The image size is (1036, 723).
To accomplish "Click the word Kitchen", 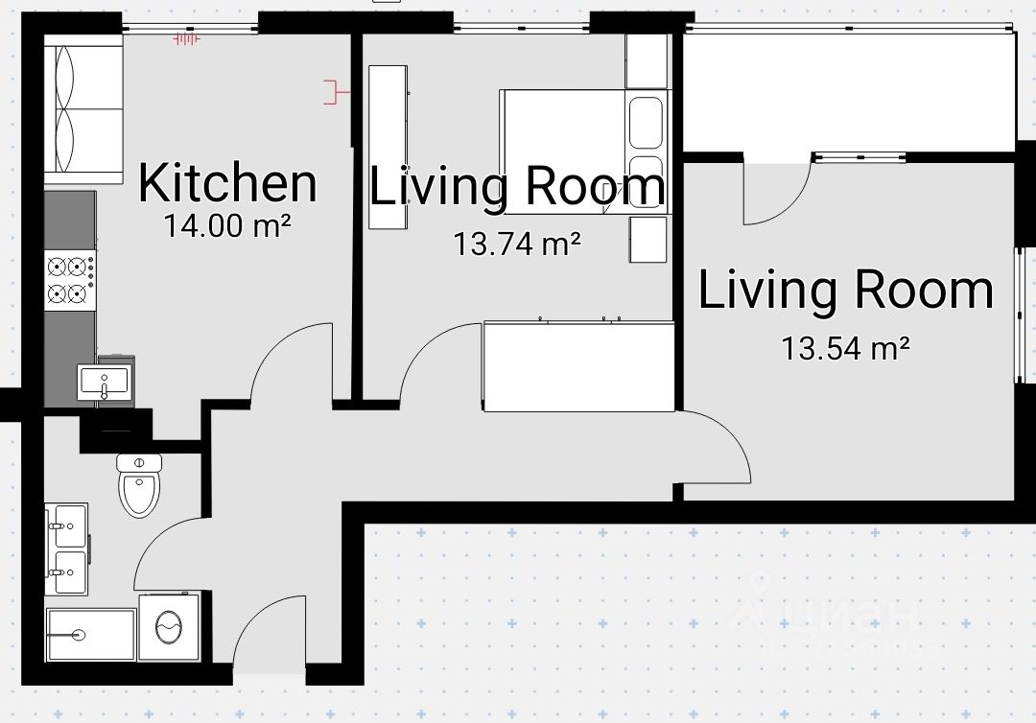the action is tap(227, 183).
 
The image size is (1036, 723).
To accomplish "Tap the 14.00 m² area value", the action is tap(227, 225).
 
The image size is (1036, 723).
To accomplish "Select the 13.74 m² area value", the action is tap(517, 244).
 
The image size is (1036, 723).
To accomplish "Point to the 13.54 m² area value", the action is tap(846, 348).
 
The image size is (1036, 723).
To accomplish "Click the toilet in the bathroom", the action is tap(139, 484).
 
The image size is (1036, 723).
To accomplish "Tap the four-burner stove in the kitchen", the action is tap(70, 280).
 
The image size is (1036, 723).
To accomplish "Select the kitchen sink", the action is tap(104, 383).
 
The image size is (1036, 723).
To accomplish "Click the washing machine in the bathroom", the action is tap(169, 626).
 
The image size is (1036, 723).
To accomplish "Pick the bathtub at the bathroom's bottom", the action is tap(90, 635).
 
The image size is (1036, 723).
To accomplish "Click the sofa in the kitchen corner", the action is tap(83, 109).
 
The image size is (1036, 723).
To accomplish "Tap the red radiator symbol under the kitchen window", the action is tap(186, 39).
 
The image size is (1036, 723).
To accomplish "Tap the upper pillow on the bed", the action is tap(646, 122).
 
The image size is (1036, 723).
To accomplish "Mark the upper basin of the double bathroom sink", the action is tap(69, 525).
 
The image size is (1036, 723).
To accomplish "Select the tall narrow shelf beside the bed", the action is tap(388, 147).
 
